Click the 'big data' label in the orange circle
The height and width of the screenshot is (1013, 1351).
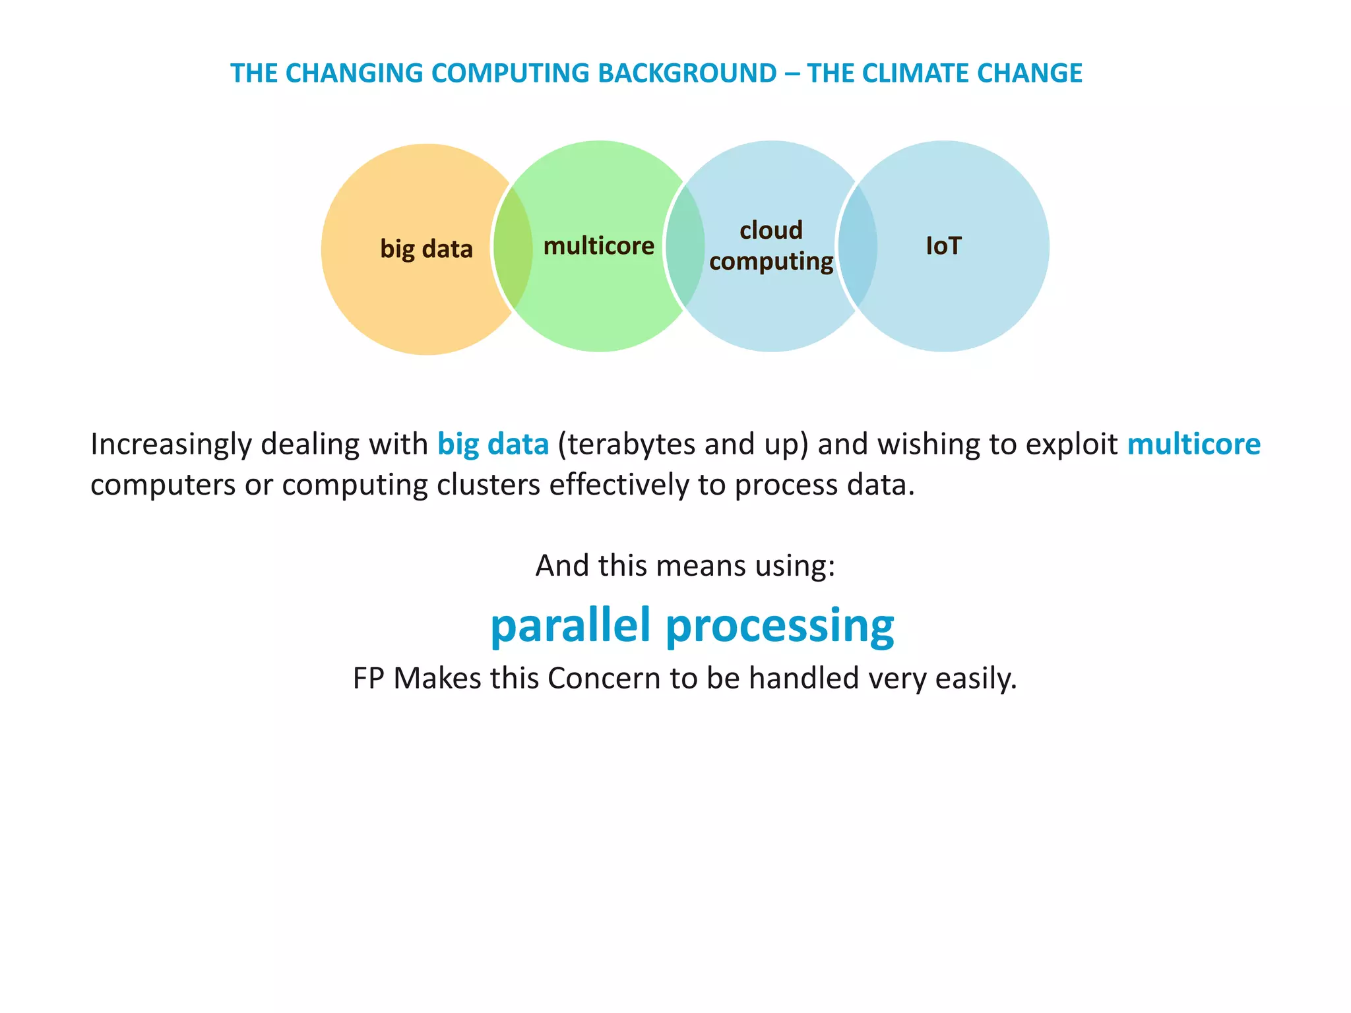426,249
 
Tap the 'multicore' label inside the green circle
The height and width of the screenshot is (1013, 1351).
598,246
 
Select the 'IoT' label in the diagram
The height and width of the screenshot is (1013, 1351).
943,246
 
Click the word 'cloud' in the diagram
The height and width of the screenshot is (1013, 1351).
770,230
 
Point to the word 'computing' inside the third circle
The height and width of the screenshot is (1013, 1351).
770,261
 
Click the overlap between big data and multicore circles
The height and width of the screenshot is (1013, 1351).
513,247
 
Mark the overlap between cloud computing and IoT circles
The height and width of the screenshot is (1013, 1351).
858,246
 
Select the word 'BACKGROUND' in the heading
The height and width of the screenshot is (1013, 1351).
687,73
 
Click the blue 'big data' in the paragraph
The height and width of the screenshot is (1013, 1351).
493,445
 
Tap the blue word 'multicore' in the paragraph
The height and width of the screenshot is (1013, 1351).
1193,445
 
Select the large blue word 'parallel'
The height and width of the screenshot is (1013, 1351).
571,625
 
